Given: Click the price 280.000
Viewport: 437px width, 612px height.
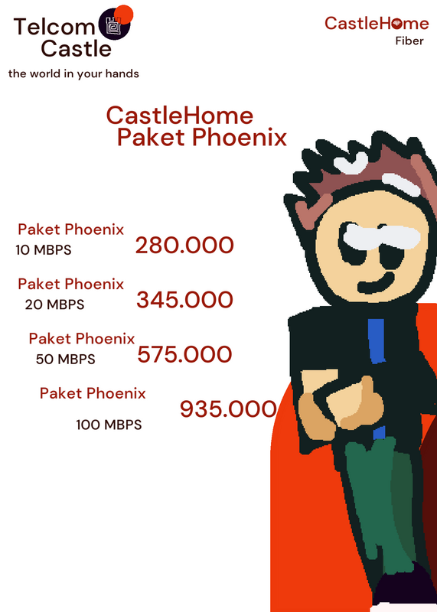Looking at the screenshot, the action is (x=184, y=245).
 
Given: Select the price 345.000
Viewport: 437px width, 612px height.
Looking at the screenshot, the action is (x=184, y=300).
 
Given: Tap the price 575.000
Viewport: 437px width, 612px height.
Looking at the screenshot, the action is (x=184, y=354).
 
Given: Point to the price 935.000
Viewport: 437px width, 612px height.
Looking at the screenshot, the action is (x=228, y=409).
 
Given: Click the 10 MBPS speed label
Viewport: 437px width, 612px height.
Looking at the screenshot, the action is (x=44, y=250).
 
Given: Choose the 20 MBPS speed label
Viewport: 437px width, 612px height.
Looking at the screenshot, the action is (x=54, y=304).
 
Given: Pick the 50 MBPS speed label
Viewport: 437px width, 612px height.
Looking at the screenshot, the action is (x=66, y=359).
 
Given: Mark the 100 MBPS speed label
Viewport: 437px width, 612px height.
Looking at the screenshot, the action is (x=109, y=425).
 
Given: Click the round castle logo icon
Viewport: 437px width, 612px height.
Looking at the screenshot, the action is (x=115, y=24).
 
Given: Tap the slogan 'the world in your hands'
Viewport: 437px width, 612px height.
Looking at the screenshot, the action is (x=73, y=73).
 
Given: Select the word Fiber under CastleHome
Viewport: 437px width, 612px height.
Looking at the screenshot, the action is (x=409, y=41).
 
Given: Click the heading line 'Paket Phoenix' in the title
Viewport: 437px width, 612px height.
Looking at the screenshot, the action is (x=202, y=138).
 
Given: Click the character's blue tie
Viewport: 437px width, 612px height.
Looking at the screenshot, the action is (x=377, y=340).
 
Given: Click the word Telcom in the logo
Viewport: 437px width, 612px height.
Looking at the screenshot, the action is (x=54, y=27).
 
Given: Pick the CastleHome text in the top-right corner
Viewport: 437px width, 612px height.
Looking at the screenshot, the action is (x=377, y=24).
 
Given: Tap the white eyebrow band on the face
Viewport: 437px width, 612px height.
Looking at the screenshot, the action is (x=381, y=236).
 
